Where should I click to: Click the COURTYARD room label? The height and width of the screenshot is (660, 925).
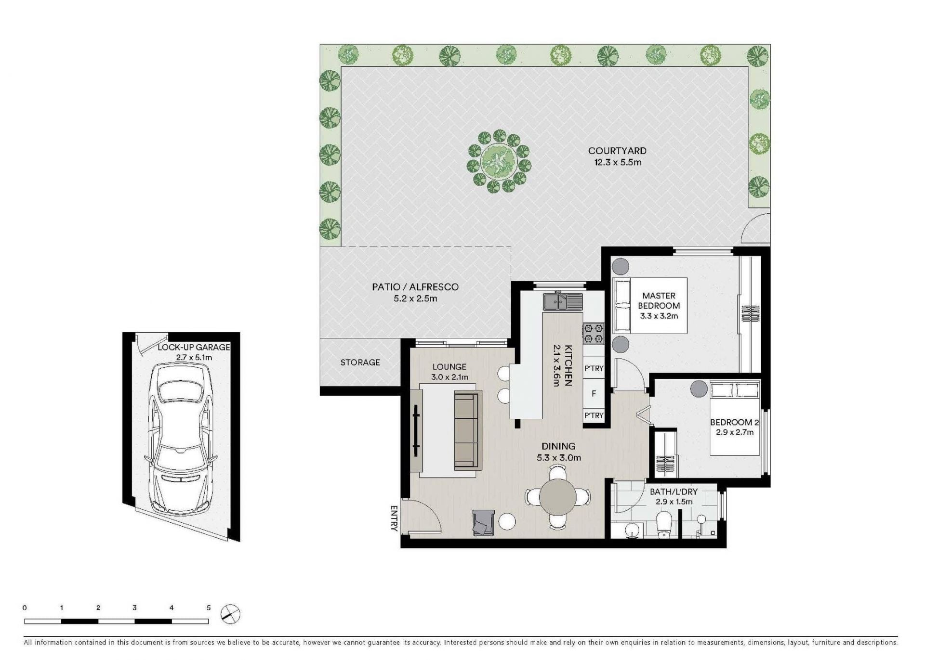617,151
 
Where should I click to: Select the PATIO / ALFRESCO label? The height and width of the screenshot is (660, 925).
415,287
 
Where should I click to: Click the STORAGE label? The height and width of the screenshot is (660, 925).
360,362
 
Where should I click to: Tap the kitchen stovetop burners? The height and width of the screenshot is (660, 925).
594,334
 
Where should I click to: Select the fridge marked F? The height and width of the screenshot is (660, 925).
594,393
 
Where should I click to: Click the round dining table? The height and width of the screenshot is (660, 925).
557,497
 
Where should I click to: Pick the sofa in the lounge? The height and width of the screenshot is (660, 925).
468,430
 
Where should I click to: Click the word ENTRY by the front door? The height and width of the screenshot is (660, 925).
394,518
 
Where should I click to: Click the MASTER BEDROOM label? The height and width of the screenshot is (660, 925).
659,300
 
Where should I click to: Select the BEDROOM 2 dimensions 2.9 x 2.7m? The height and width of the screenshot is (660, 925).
734,432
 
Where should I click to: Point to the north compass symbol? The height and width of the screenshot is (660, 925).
230,614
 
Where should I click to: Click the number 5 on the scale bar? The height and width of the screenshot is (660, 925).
209,608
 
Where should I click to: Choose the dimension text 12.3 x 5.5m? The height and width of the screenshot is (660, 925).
617,162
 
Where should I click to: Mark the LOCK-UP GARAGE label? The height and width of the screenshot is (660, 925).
194,347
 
